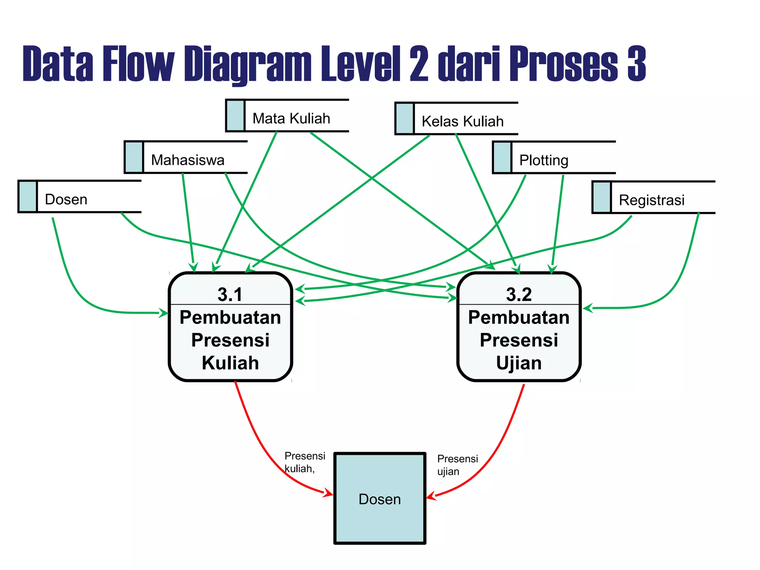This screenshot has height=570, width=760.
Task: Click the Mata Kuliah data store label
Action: [x=291, y=118]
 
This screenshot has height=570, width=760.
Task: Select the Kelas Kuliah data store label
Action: [x=462, y=121]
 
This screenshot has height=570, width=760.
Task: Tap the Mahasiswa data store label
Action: [x=187, y=160]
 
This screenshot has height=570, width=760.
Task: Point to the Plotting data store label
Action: [x=544, y=160]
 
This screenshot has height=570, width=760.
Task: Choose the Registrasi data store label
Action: [x=651, y=200]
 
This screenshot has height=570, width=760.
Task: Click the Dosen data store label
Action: [x=66, y=200]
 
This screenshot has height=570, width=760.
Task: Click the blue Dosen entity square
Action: [x=380, y=498]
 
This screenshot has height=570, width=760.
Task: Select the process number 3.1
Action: [x=230, y=295]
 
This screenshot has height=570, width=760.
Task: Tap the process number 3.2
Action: [x=519, y=295]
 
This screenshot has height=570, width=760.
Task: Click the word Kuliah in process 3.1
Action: [x=230, y=363]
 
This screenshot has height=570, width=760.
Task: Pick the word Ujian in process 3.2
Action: [x=519, y=363]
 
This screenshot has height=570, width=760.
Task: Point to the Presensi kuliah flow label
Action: [x=304, y=462]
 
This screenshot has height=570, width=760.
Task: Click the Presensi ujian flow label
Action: [x=457, y=465]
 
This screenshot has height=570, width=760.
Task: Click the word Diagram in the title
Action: [x=248, y=64]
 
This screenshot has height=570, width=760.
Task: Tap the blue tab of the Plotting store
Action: [x=502, y=157]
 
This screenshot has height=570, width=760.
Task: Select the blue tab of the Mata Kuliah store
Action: [x=235, y=115]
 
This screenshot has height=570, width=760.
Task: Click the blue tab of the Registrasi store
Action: [x=602, y=197]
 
